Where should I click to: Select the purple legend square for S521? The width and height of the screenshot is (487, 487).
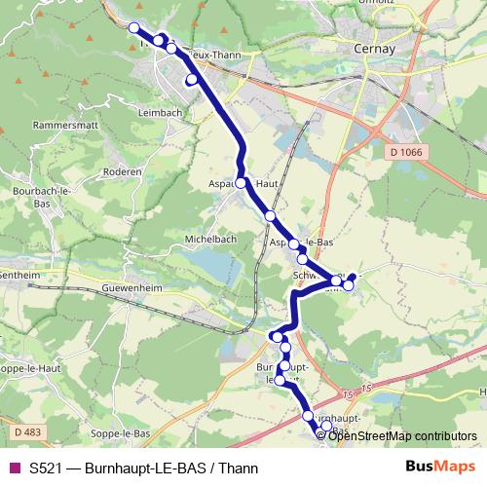[13, 468]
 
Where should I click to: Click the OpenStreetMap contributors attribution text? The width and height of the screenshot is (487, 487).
[402, 435]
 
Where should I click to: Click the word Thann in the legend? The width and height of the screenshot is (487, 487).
[239, 468]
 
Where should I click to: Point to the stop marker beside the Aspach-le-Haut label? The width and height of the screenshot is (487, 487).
[241, 181]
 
